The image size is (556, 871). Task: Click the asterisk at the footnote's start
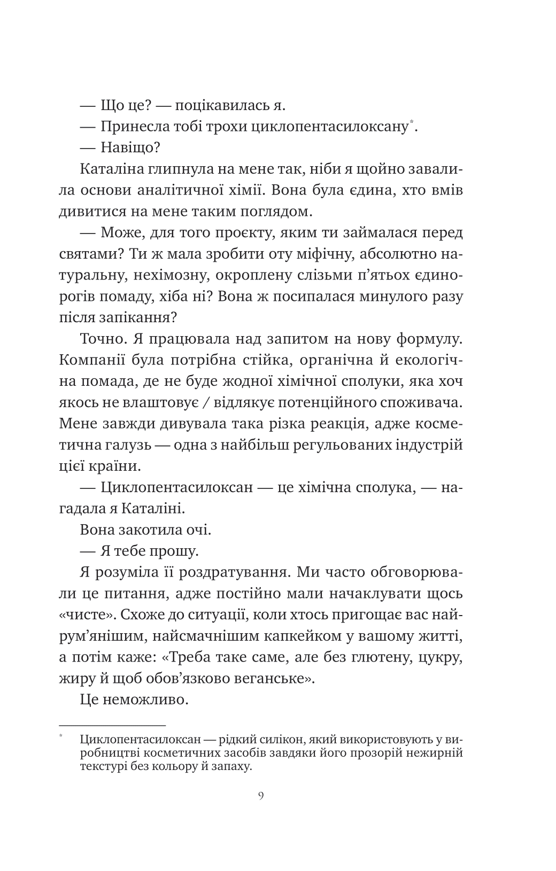click(61, 737)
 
